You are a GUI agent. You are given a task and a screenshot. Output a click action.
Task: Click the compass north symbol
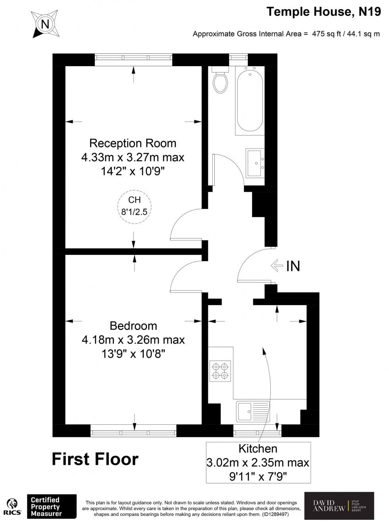45,25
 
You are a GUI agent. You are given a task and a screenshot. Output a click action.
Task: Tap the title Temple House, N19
323,12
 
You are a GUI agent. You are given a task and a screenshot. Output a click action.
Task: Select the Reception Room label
133,143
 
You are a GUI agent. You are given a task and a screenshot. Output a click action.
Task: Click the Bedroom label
133,326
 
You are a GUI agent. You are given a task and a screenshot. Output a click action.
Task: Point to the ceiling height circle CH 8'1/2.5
134,206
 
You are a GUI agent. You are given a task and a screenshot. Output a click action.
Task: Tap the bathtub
250,101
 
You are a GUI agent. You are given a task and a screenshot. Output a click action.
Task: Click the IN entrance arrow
277,266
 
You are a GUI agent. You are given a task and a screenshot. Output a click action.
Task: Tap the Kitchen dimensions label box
258,462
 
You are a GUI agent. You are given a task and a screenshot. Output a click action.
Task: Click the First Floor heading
95,459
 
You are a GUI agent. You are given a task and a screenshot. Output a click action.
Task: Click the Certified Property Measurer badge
51,506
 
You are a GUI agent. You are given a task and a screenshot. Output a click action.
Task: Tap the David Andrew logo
339,506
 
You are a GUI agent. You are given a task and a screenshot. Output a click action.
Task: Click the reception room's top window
134,60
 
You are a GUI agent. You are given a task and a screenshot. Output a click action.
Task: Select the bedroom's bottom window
133,431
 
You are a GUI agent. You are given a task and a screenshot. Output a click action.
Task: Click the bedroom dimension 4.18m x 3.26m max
133,340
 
